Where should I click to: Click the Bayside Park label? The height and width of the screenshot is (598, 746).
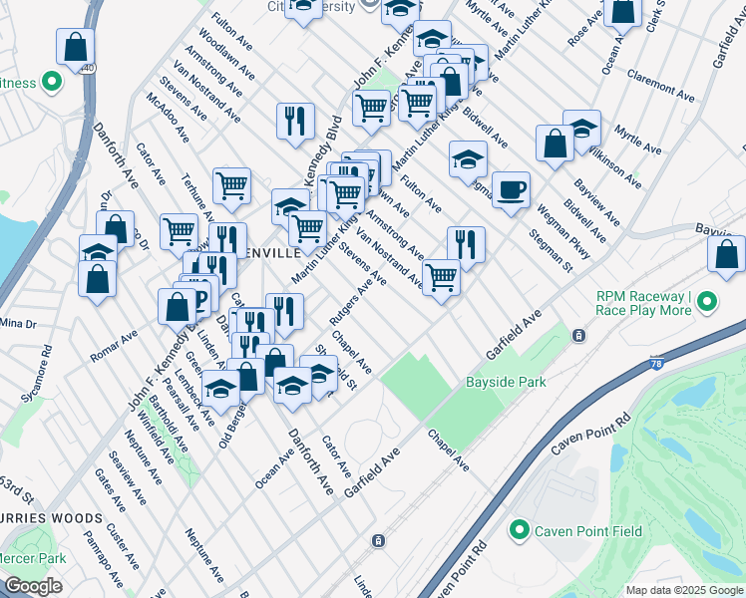coord(506,382)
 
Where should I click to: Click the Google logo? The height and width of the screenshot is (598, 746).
coord(33,587)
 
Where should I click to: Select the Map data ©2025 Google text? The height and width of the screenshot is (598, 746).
coord(684,590)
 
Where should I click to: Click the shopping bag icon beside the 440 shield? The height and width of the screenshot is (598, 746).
coord(76,46)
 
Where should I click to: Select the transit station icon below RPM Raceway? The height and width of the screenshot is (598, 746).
coord(578,337)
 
